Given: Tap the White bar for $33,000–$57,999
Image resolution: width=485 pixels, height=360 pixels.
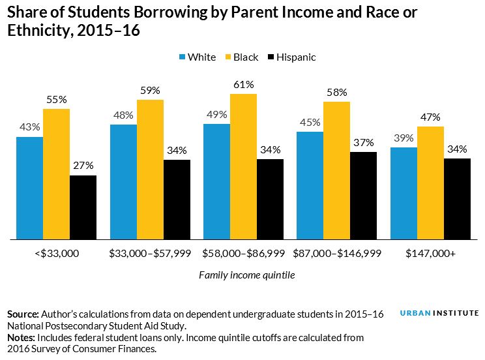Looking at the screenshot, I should click(123, 182).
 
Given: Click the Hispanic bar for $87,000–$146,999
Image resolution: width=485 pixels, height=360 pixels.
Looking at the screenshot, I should click(363, 196).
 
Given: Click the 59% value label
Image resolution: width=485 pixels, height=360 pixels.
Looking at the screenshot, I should click(150, 91).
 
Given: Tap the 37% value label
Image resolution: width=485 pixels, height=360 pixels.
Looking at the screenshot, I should click(363, 143).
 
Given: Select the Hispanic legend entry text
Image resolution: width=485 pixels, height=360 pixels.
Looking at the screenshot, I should click(295, 57).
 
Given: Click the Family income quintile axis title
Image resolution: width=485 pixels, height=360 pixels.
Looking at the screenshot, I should click(246, 275).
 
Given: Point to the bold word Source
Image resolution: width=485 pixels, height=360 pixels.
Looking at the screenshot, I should click(23, 314).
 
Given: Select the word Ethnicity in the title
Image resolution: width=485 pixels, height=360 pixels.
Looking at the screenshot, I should click(35, 30).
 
